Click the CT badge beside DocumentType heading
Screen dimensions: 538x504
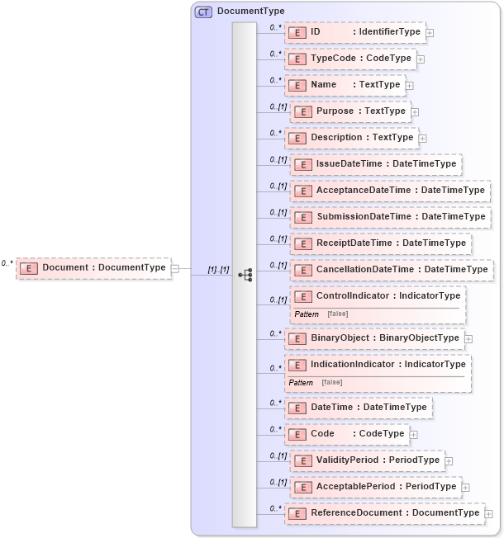(x=203, y=12)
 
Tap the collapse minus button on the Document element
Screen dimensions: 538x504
(x=175, y=267)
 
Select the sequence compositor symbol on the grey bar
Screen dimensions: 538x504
(x=245, y=274)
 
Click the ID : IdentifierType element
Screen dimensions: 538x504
(x=354, y=32)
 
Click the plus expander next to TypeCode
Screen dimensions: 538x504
(x=421, y=59)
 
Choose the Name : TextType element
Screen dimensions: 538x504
(x=345, y=85)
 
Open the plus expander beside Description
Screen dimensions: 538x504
(x=423, y=138)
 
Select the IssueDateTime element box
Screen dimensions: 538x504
(x=375, y=164)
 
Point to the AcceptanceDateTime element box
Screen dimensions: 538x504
(x=390, y=191)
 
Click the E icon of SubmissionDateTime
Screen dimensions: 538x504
(x=303, y=217)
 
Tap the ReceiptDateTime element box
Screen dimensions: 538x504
(x=380, y=243)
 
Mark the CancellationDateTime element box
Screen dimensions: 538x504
(x=392, y=270)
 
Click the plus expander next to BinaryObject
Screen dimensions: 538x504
(x=468, y=338)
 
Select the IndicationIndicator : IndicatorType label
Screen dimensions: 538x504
(x=388, y=364)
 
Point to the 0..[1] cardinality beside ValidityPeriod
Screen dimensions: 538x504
(x=278, y=455)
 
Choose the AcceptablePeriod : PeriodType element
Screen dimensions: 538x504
(x=375, y=487)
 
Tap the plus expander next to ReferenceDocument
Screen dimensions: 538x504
(x=489, y=513)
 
